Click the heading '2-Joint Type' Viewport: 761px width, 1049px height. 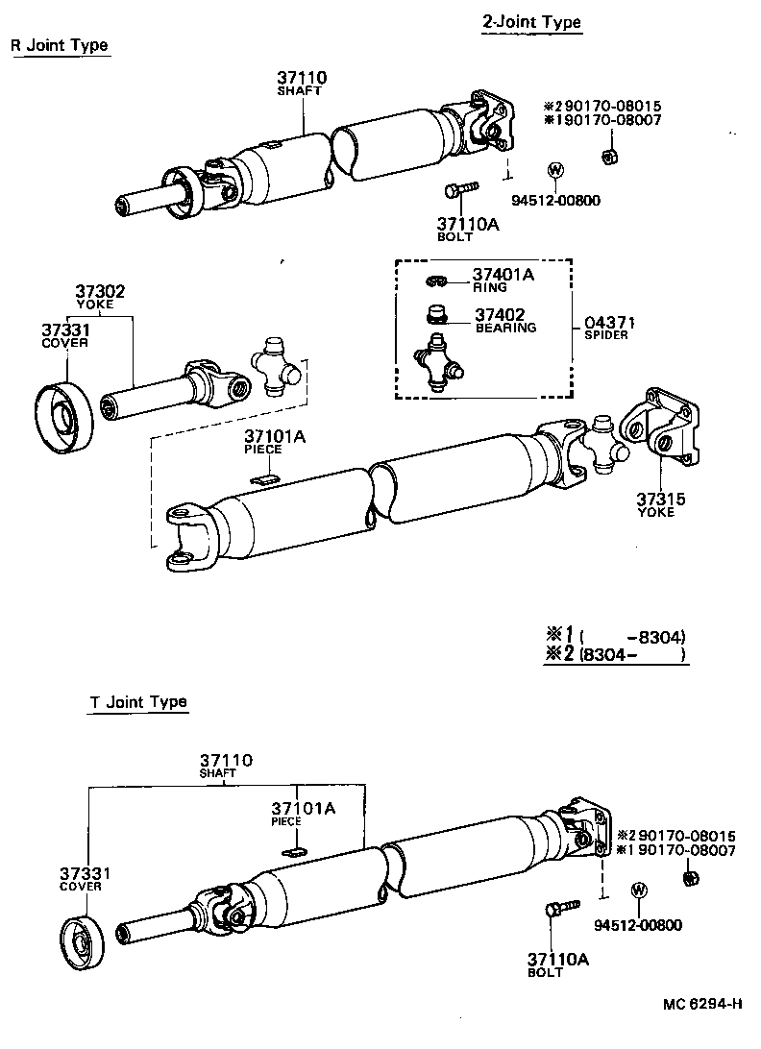point(531,22)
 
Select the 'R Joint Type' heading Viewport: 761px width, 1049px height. point(60,45)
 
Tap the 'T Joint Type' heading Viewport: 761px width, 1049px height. point(138,701)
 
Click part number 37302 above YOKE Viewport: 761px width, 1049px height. point(100,291)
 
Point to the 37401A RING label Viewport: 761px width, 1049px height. point(502,280)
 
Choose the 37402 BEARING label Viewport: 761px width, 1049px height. point(504,320)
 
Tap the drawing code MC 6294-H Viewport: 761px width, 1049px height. point(701,1005)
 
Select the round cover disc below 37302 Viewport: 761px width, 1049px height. point(64,415)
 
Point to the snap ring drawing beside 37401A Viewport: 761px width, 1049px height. point(435,281)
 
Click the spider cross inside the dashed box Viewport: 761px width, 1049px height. point(438,363)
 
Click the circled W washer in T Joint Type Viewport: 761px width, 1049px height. point(637,890)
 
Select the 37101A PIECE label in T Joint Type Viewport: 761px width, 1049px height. point(303,813)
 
